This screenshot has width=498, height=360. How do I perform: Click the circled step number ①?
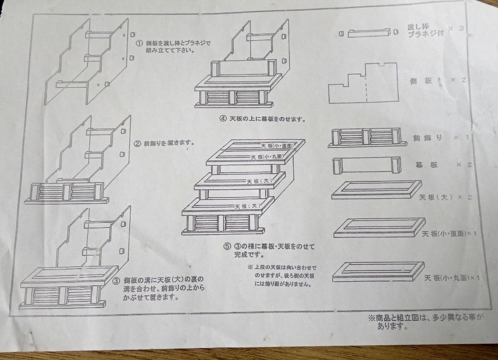click(139, 43)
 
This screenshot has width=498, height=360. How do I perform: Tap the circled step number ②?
click(137, 143)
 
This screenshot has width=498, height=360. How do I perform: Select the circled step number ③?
click(116, 281)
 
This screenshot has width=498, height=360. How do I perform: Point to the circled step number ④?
click(223, 118)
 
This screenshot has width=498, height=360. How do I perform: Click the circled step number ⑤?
click(226, 246)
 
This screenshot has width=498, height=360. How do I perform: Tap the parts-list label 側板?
click(421, 81)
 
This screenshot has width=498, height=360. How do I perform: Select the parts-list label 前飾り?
click(427, 138)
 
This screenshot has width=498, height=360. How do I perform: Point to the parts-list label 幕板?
click(427, 165)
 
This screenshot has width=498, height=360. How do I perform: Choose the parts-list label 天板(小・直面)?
click(445, 234)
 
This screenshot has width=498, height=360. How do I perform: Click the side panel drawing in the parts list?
click(363, 83)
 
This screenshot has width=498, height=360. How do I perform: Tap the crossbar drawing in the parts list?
click(369, 33)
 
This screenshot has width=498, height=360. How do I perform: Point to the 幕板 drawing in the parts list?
click(367, 165)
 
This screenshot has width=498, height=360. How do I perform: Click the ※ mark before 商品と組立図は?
click(371, 318)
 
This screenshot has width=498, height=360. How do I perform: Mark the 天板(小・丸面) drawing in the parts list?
click(378, 271)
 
